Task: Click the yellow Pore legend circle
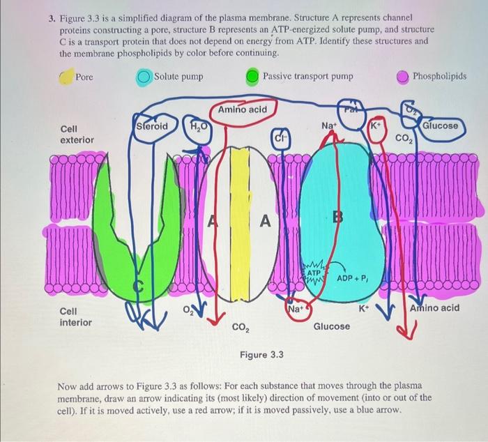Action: point(67,76)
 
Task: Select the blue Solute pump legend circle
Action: point(144,76)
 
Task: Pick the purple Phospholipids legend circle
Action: point(403,76)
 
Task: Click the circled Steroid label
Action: point(152,127)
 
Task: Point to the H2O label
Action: point(197,128)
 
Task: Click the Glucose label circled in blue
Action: point(441,126)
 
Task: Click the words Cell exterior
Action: point(77,135)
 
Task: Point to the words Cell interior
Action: point(75,317)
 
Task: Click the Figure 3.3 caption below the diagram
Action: point(261,355)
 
